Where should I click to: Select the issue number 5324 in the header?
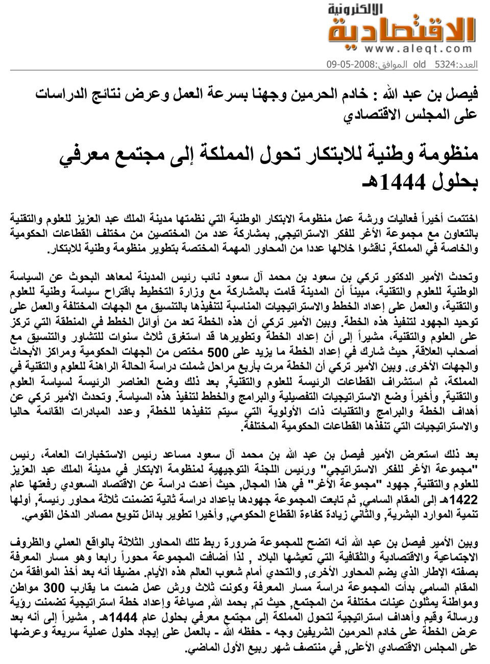[445, 65]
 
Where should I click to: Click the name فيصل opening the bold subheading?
[464, 94]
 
